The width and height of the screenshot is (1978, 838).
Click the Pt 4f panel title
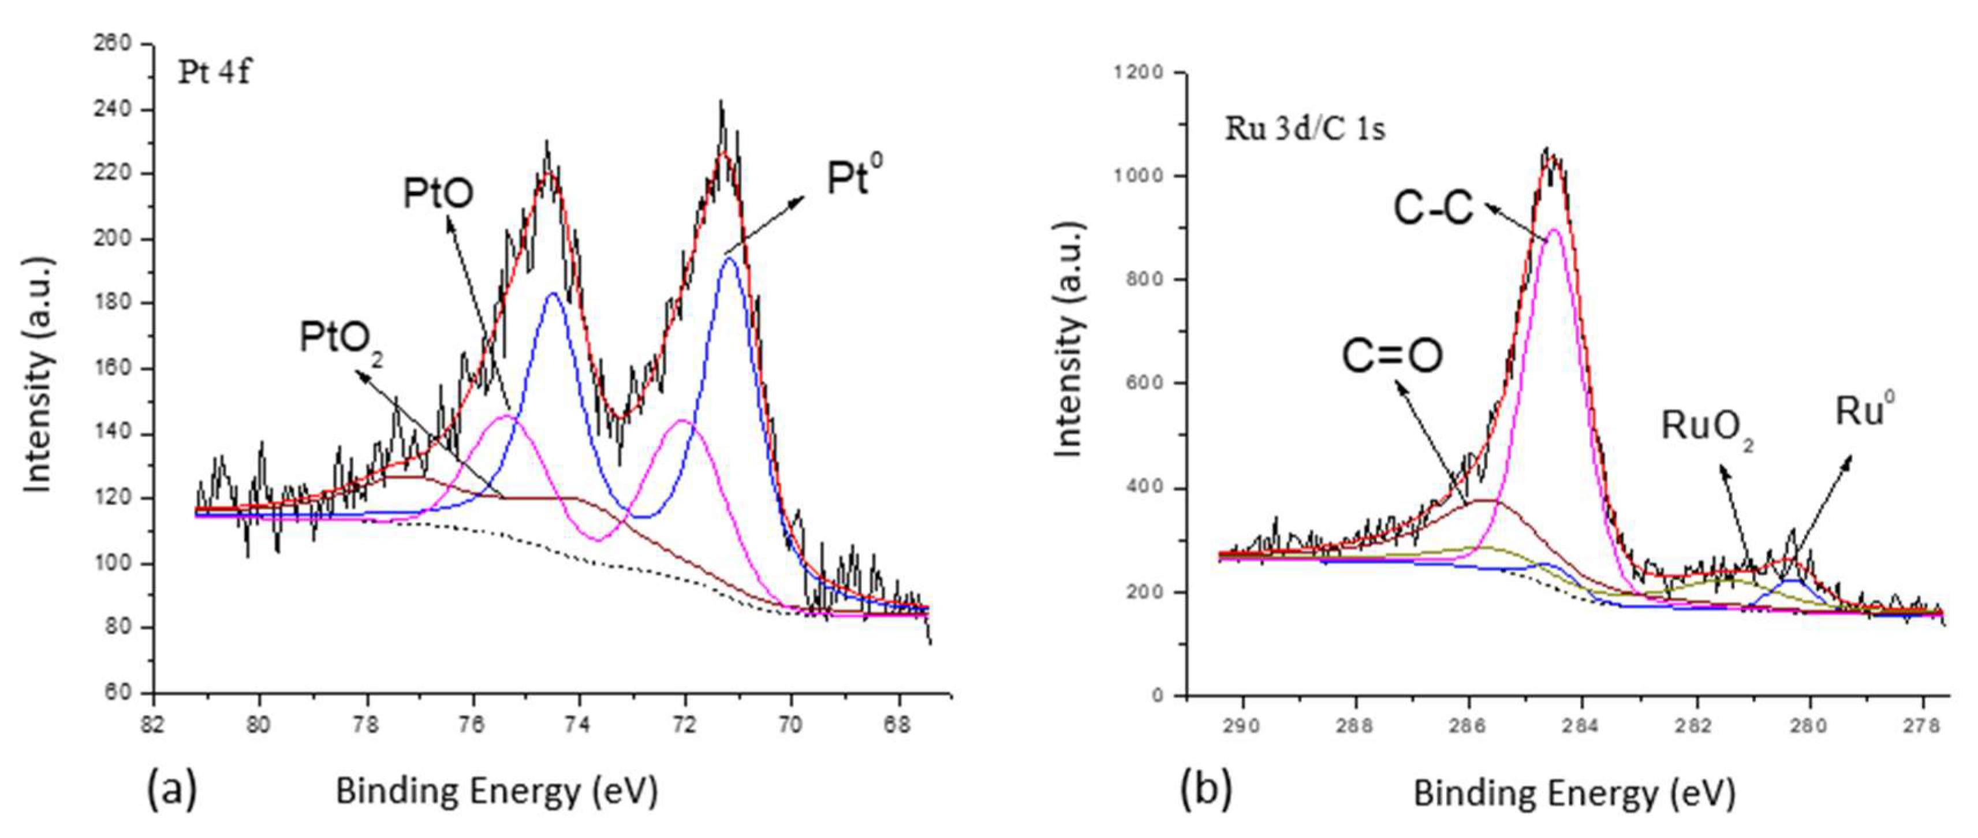214,72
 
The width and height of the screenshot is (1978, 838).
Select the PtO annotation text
438,194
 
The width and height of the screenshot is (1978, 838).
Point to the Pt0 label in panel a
854,177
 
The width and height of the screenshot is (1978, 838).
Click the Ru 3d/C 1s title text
1305,128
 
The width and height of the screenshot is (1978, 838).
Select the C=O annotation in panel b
1392,356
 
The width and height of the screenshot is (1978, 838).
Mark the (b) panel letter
1206,789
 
